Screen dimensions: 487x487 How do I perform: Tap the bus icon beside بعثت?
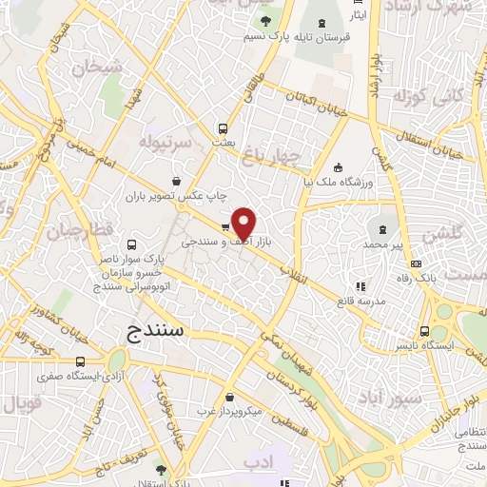[223, 128]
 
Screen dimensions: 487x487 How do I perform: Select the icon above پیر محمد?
[383, 230]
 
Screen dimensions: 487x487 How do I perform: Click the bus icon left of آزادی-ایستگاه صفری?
[80, 361]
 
